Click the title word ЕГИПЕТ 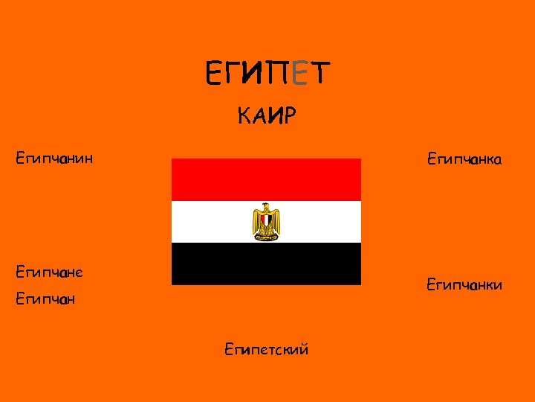pos(267,73)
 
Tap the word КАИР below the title pos(267,116)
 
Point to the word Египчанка pos(464,159)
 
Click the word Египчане pos(49,272)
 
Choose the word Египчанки pos(464,284)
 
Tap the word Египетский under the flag pos(266,348)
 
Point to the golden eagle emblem pos(266,221)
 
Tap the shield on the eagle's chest pos(266,220)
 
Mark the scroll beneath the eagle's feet pos(266,237)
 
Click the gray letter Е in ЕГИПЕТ pos(299,73)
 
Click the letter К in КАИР pos(245,116)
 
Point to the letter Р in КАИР pos(289,116)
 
